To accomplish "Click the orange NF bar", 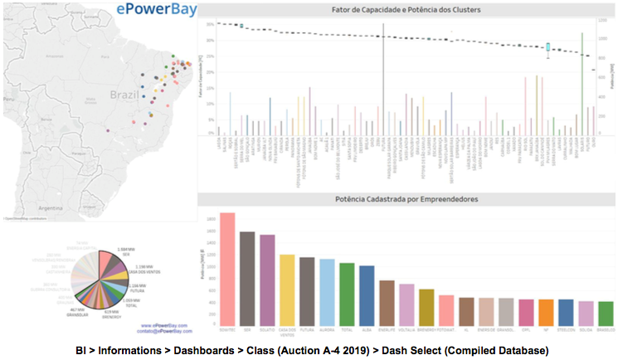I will click(546, 312).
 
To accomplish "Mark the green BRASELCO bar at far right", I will click(606, 313).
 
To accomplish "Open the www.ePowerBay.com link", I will click(165, 325).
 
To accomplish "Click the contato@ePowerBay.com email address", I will click(163, 331).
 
